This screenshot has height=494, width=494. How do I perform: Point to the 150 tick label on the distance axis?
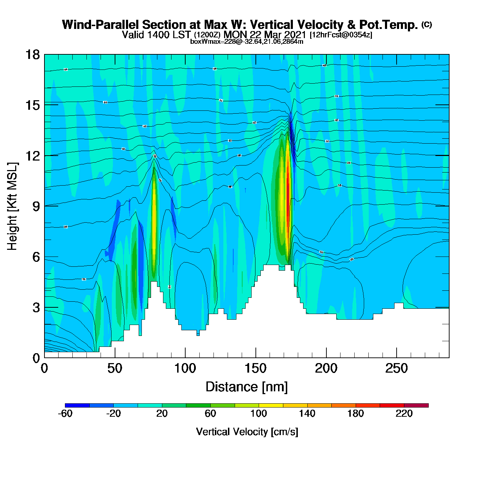255,369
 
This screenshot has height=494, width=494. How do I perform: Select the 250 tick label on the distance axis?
396,369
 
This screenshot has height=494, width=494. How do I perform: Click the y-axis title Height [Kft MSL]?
12,206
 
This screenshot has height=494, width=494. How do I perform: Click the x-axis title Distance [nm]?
247,387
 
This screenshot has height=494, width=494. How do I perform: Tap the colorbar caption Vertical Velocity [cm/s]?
247,432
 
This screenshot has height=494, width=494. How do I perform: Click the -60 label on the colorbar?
65,414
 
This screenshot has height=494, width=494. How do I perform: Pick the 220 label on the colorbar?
404,414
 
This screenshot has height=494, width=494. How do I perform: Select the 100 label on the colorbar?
259,414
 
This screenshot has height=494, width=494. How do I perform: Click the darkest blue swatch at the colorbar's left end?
77,405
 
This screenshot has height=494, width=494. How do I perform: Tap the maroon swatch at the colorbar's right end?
416,405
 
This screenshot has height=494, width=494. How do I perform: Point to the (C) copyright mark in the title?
427,24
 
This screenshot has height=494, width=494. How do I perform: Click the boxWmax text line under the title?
247,41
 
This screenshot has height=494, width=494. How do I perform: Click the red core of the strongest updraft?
288,187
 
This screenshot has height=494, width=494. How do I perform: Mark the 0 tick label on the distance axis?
44,369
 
